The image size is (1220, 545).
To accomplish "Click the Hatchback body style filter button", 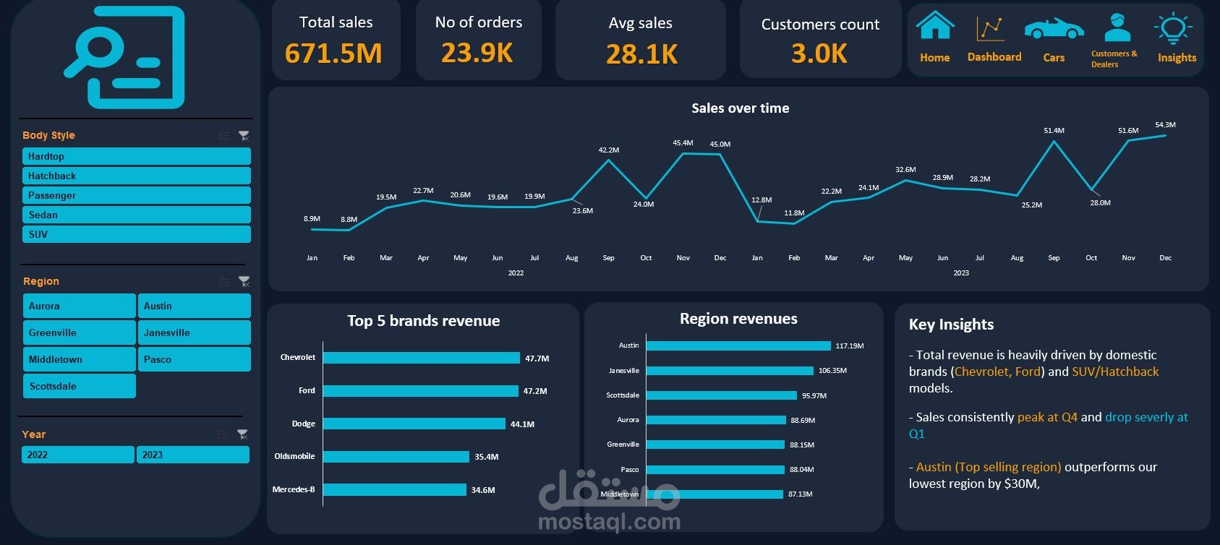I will click(x=136, y=176).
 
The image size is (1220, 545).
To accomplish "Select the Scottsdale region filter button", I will click(x=79, y=386).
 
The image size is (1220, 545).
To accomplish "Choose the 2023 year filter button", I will click(x=192, y=455).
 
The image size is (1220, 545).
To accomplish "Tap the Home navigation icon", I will click(x=935, y=27).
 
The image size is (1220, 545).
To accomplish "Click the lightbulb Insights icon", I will click(x=1173, y=28).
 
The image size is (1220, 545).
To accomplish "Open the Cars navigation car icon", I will click(x=1054, y=29).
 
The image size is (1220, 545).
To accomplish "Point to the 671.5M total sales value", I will click(x=333, y=53).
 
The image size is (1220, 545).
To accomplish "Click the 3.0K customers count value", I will click(x=819, y=53).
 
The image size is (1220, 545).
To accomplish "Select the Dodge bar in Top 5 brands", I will click(x=414, y=424).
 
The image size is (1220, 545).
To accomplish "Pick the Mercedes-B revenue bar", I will click(x=394, y=489).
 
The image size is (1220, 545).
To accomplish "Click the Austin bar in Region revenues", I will click(x=738, y=346).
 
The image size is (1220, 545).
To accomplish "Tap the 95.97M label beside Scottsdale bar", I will click(x=814, y=395).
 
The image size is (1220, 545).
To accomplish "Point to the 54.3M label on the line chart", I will click(x=1165, y=124).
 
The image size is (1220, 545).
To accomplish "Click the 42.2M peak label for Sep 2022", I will click(x=608, y=150).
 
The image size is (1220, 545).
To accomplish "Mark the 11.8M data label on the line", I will click(x=793, y=213).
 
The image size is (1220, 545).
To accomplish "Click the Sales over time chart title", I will click(x=740, y=108).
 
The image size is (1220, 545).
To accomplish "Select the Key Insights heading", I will click(x=951, y=325).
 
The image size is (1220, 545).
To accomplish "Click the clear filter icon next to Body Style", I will click(x=244, y=135).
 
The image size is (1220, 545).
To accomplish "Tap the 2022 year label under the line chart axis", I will click(x=516, y=272).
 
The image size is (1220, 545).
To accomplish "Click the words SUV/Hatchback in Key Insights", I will click(x=1115, y=372).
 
